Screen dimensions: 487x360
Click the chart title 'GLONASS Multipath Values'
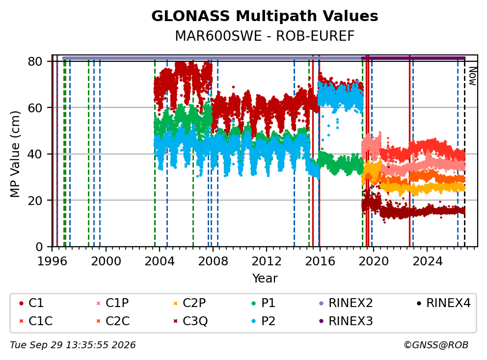coord(265,16)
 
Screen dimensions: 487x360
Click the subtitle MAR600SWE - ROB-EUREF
coord(265,36)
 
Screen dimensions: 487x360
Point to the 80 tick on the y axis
coord(35,61)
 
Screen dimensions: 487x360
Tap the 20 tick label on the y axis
coord(35,201)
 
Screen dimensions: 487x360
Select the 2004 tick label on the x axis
coord(160,261)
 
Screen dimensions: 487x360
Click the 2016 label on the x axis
coord(320,261)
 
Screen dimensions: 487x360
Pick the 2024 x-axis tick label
coord(427,261)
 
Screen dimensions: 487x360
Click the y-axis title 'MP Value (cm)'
coord(15,154)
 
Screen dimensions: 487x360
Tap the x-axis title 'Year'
coord(265,279)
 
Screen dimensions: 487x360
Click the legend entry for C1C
coord(36,321)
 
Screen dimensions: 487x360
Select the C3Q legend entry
coord(190,321)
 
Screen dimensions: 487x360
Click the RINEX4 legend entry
coord(443,303)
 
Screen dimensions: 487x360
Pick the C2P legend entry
coord(189,303)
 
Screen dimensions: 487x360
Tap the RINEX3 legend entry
coord(346,321)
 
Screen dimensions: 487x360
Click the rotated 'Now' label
coord(472,76)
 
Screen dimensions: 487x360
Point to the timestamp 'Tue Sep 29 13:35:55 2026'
coord(73,345)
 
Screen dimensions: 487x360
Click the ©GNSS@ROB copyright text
coord(436,345)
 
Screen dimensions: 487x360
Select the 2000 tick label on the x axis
coord(106,261)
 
